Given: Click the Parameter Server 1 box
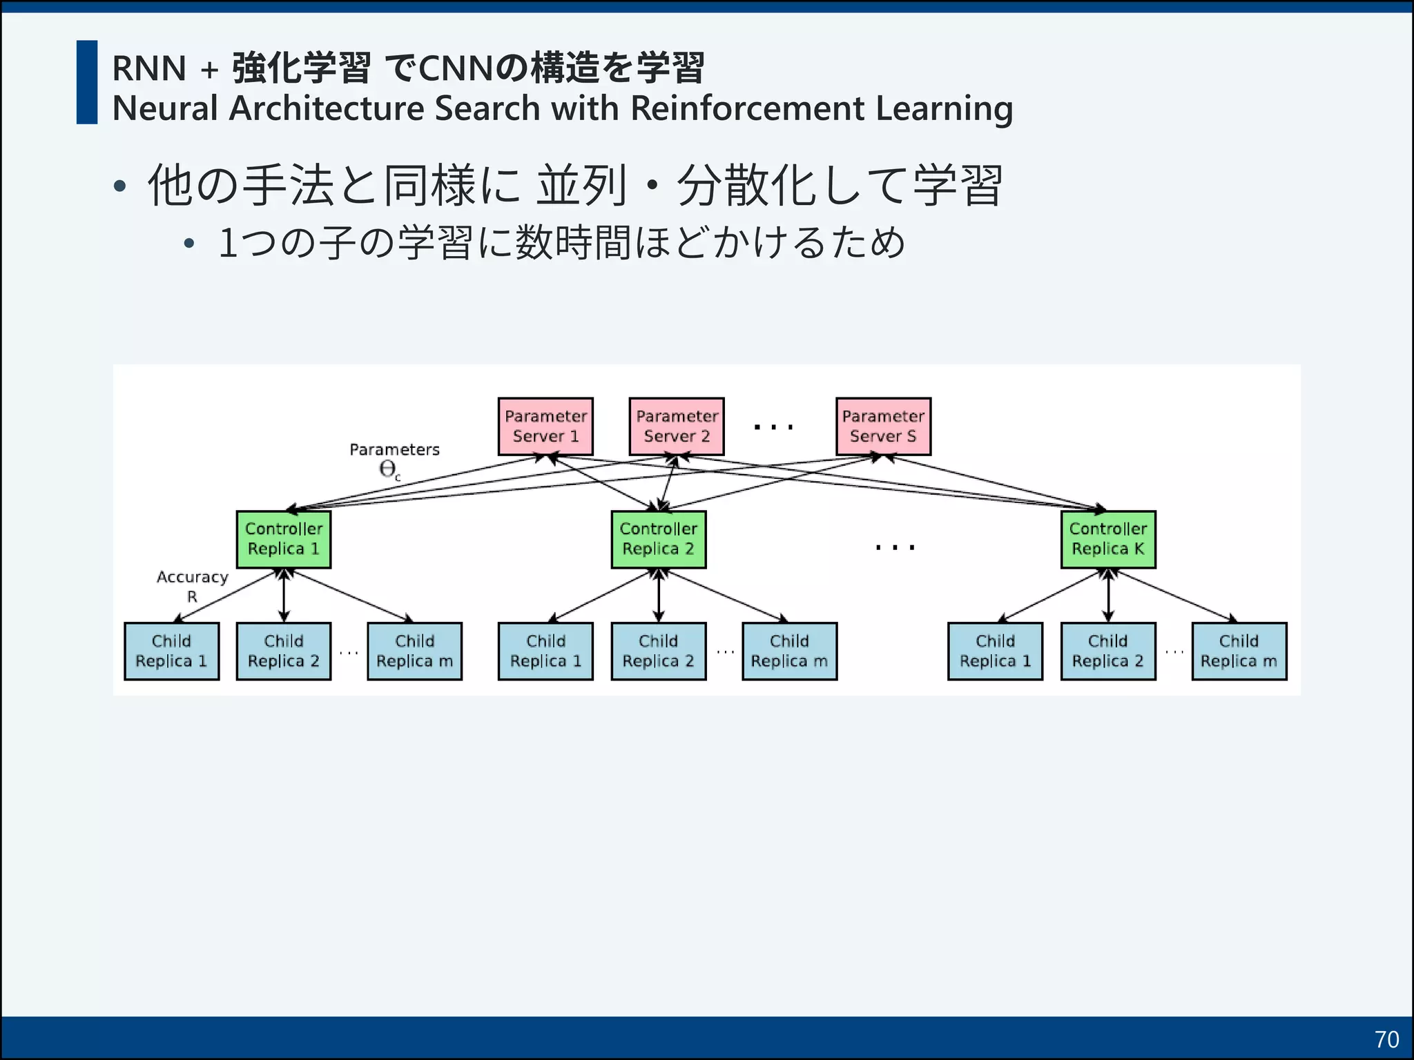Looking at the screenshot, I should pyautogui.click(x=545, y=426).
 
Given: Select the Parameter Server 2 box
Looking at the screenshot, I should pyautogui.click(x=677, y=426).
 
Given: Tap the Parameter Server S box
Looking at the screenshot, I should pyautogui.click(x=883, y=426).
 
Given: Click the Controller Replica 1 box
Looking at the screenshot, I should pyautogui.click(x=284, y=540).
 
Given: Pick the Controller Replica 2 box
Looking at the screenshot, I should pyautogui.click(x=659, y=540).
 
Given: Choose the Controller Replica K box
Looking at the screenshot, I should pyautogui.click(x=1108, y=540).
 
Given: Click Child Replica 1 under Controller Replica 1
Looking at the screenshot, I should pyautogui.click(x=171, y=651).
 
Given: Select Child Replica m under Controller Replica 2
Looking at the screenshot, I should pyautogui.click(x=789, y=651).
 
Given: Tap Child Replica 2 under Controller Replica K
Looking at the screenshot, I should pyautogui.click(x=1108, y=651).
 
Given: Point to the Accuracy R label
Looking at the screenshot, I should pyautogui.click(x=192, y=586).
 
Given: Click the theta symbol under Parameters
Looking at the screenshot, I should pyautogui.click(x=388, y=470).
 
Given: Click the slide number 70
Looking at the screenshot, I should pyautogui.click(x=1386, y=1039).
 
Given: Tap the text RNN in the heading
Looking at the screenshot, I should pyautogui.click(x=149, y=68).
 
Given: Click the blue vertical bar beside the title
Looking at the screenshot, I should pyautogui.click(x=87, y=82).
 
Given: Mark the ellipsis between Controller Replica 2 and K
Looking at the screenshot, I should pyautogui.click(x=895, y=547).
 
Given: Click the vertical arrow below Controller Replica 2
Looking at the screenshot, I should pyautogui.click(x=659, y=596).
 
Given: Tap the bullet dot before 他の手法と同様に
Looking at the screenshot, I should pyautogui.click(x=120, y=186).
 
